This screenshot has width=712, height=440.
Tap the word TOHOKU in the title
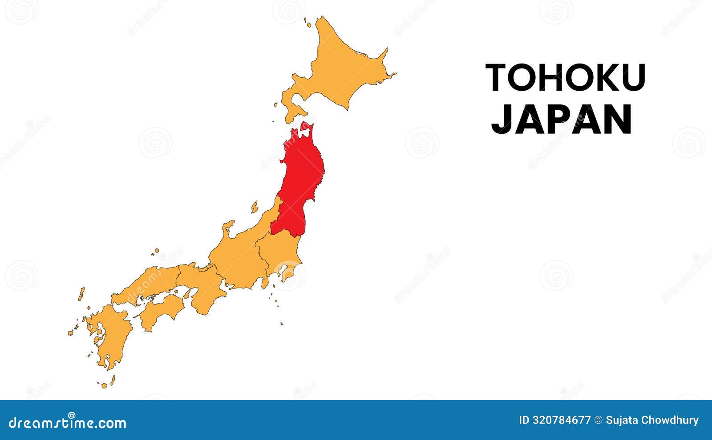pos(565,78)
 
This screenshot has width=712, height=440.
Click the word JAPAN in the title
pos(562,119)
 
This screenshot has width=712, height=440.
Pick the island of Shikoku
pos(162,311)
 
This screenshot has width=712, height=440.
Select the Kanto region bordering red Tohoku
pos(278,253)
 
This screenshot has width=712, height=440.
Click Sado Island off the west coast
pos(255,207)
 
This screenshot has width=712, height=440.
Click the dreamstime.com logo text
pos(67,422)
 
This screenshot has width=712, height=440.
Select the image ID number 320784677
pos(562,420)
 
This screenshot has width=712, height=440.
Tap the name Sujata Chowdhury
pos(652,420)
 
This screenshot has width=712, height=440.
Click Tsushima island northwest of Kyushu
pos(81,294)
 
